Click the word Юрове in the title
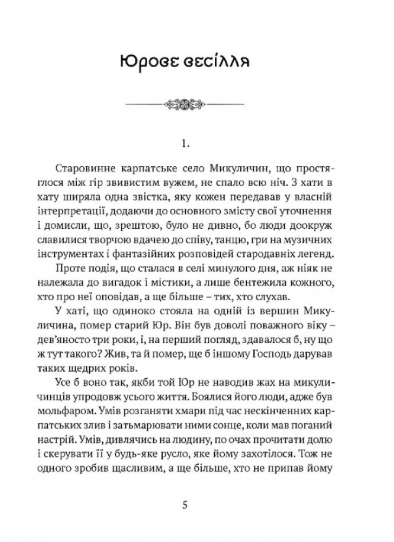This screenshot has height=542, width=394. click(154, 59)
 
